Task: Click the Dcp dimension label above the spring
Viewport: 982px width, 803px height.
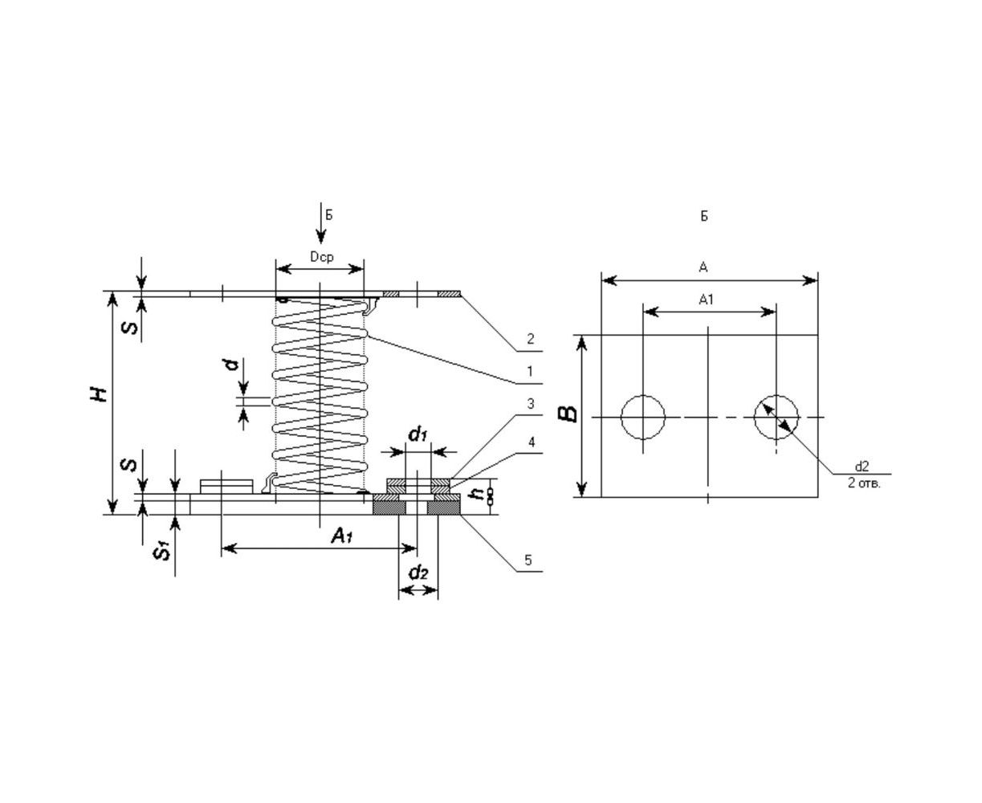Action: click(x=320, y=257)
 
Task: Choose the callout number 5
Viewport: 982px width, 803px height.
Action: click(x=528, y=560)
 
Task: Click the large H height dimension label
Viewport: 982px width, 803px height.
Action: click(x=99, y=393)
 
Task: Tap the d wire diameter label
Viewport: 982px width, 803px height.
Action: click(x=231, y=365)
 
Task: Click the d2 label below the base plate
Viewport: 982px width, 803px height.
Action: click(x=418, y=573)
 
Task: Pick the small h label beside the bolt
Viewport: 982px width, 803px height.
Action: click(x=479, y=494)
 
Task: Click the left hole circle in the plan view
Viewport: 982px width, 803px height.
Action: click(x=643, y=418)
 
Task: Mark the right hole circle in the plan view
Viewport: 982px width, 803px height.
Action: click(x=776, y=418)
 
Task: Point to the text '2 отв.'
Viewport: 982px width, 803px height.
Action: click(x=863, y=483)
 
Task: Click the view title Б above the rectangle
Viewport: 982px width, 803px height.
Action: click(x=704, y=216)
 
